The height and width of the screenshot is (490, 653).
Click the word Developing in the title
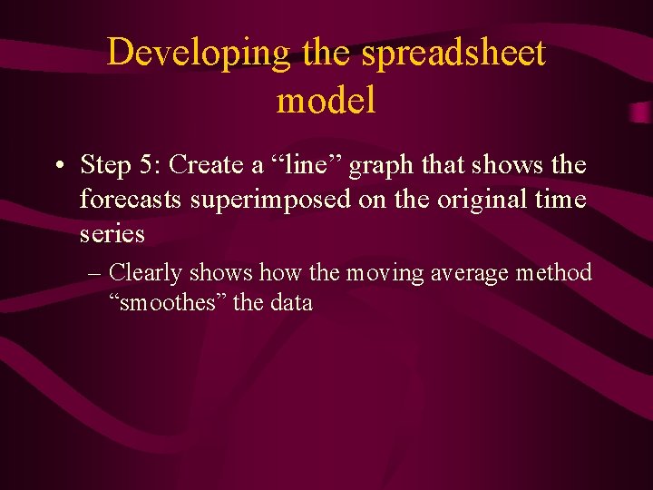pos(199,53)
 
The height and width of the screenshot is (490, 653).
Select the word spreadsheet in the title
pos(453,53)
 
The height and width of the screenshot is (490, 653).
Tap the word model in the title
pos(326,100)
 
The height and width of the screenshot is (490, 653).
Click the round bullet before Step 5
pos(57,167)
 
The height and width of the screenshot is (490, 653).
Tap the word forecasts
pos(132,199)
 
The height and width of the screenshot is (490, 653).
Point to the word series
pos(112,233)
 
